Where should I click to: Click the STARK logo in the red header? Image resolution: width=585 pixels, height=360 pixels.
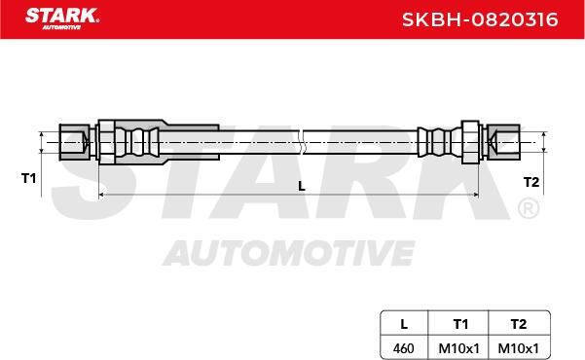tap(62, 18)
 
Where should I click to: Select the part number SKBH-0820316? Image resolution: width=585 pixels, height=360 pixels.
tap(480, 19)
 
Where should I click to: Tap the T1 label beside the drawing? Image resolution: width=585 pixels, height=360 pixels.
tap(29, 178)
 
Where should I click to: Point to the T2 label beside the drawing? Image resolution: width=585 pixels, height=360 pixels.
tap(531, 182)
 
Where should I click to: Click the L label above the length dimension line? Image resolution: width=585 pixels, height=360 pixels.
tap(302, 186)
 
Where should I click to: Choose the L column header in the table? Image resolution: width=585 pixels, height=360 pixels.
tap(404, 324)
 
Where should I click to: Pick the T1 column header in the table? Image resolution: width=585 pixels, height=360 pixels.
tap(460, 324)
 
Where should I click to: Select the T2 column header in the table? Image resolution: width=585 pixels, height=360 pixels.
tap(518, 324)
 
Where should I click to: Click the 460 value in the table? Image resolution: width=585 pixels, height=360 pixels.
tap(403, 348)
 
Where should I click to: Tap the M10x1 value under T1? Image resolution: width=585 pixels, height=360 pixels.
tap(458, 348)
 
